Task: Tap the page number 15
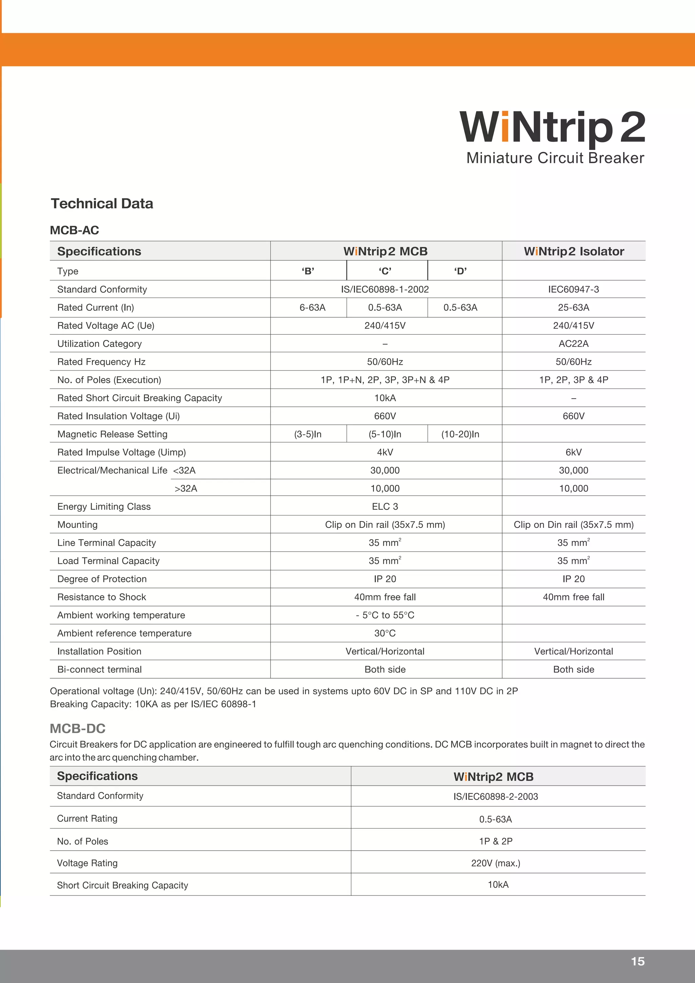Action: point(637,961)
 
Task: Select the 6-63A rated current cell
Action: point(312,307)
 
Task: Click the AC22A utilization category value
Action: point(574,344)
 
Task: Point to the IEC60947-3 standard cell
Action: point(574,289)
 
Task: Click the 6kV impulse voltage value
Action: point(574,452)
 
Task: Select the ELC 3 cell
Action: point(384,507)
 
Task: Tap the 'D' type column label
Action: point(461,271)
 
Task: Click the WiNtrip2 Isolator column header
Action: point(574,251)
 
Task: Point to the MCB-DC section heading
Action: point(77,728)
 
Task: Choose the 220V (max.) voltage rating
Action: point(495,863)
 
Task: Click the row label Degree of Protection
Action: point(102,579)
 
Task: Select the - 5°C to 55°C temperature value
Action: point(384,615)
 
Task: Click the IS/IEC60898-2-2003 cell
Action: point(495,796)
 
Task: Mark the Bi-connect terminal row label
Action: point(99,669)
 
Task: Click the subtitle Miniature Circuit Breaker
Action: point(555,158)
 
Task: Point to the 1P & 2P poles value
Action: point(495,841)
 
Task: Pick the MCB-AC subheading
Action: point(75,230)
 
